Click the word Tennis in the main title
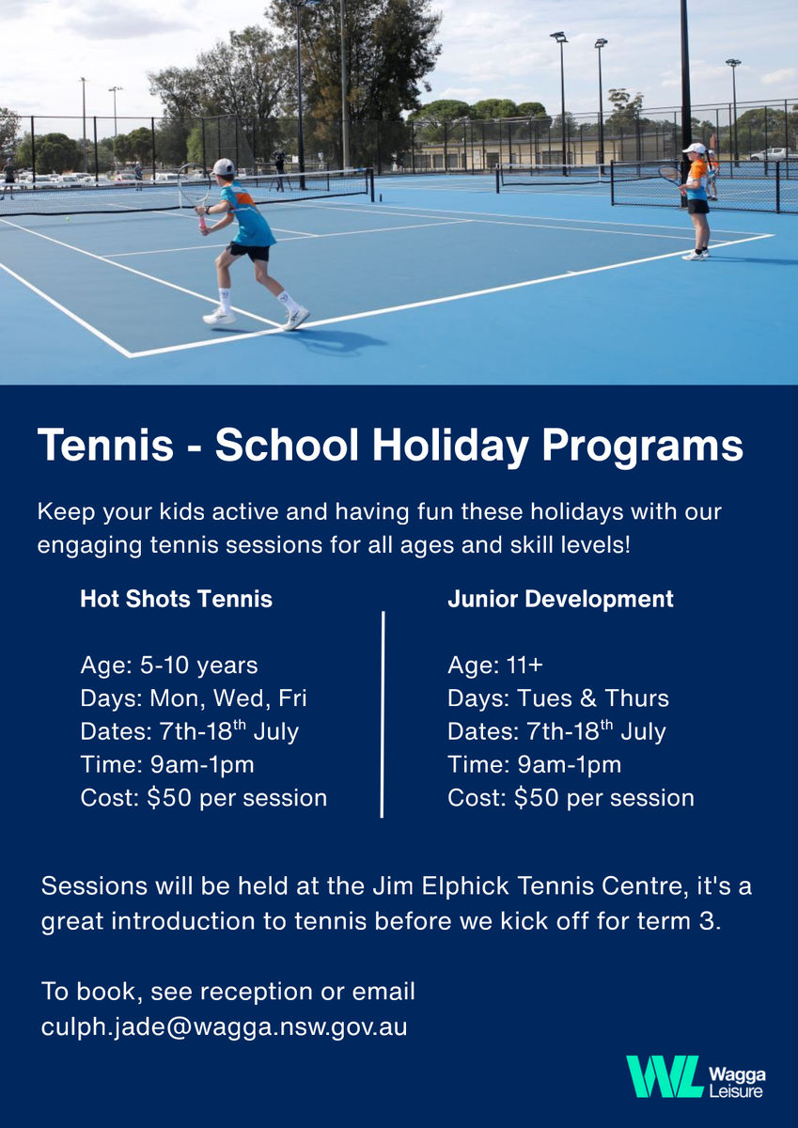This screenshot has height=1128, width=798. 105,446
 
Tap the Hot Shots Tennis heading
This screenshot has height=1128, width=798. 176,600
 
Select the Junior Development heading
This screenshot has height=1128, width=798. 560,600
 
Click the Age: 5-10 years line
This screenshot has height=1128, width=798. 169,666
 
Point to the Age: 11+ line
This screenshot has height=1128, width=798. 495,666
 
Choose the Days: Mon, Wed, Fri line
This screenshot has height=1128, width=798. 194,698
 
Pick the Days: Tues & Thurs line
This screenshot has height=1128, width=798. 558,698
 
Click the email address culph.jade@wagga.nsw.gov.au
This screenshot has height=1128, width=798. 224,1027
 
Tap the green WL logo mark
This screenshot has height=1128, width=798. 665,1077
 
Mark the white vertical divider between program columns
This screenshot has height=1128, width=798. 383,714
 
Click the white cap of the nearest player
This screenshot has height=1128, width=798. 223,166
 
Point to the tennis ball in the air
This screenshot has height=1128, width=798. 68,219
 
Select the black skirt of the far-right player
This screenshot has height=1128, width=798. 698,207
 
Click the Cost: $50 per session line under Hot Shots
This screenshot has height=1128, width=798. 204,798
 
